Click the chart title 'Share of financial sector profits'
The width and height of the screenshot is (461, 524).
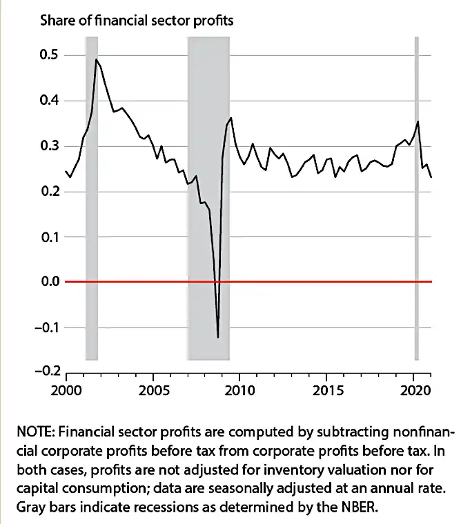(137, 21)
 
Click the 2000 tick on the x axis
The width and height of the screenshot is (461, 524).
(66, 387)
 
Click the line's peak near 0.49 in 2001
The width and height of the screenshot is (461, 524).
(97, 60)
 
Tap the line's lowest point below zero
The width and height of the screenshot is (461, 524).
(218, 337)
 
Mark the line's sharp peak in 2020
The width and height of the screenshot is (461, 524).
(418, 122)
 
